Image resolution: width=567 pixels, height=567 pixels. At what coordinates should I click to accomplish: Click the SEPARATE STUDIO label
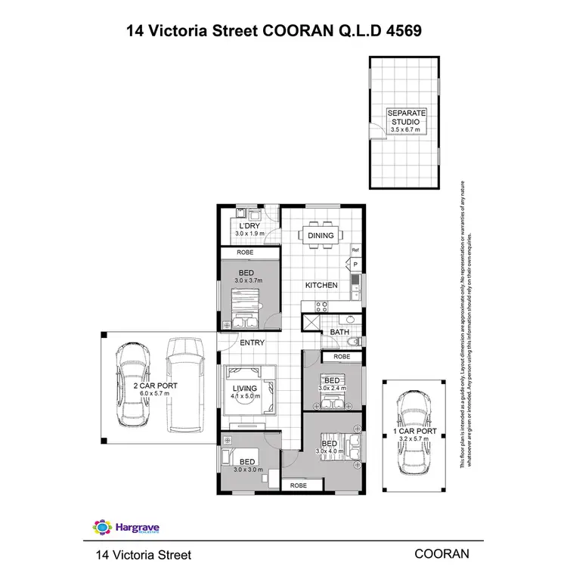click(x=407, y=116)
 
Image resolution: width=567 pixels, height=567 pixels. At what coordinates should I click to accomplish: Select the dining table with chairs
click(x=321, y=235)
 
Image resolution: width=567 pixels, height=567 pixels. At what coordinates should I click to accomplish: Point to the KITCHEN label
click(x=321, y=285)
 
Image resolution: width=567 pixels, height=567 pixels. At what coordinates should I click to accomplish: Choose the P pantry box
click(x=354, y=265)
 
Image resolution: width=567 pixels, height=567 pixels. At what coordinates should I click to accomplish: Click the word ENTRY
click(x=252, y=343)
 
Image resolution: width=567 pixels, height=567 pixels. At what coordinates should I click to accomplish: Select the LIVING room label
click(x=245, y=388)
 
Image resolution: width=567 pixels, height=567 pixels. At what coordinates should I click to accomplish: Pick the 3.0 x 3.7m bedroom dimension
click(x=245, y=280)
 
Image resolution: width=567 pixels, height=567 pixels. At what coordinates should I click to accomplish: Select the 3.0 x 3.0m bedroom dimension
click(x=247, y=469)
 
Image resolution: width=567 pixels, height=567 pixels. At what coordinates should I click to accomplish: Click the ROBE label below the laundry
click(x=245, y=253)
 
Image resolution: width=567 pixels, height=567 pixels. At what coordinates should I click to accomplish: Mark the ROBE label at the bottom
click(x=298, y=485)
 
